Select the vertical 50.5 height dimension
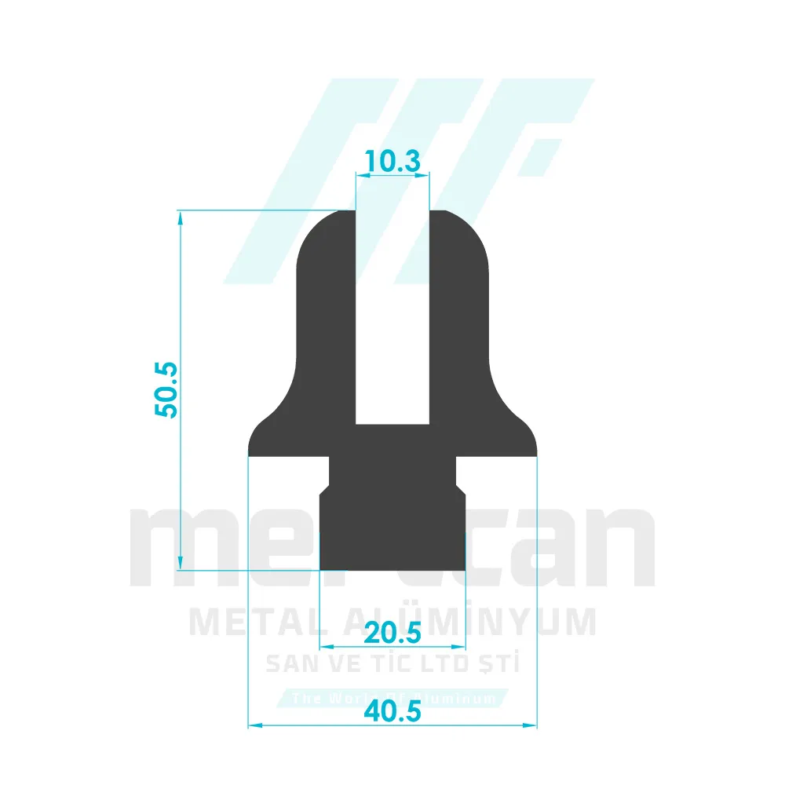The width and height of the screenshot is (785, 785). (x=167, y=389)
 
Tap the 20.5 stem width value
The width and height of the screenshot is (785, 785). (x=393, y=630)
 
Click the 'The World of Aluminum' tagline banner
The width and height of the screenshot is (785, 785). (x=392, y=698)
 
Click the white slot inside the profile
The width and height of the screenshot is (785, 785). (x=392, y=314)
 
